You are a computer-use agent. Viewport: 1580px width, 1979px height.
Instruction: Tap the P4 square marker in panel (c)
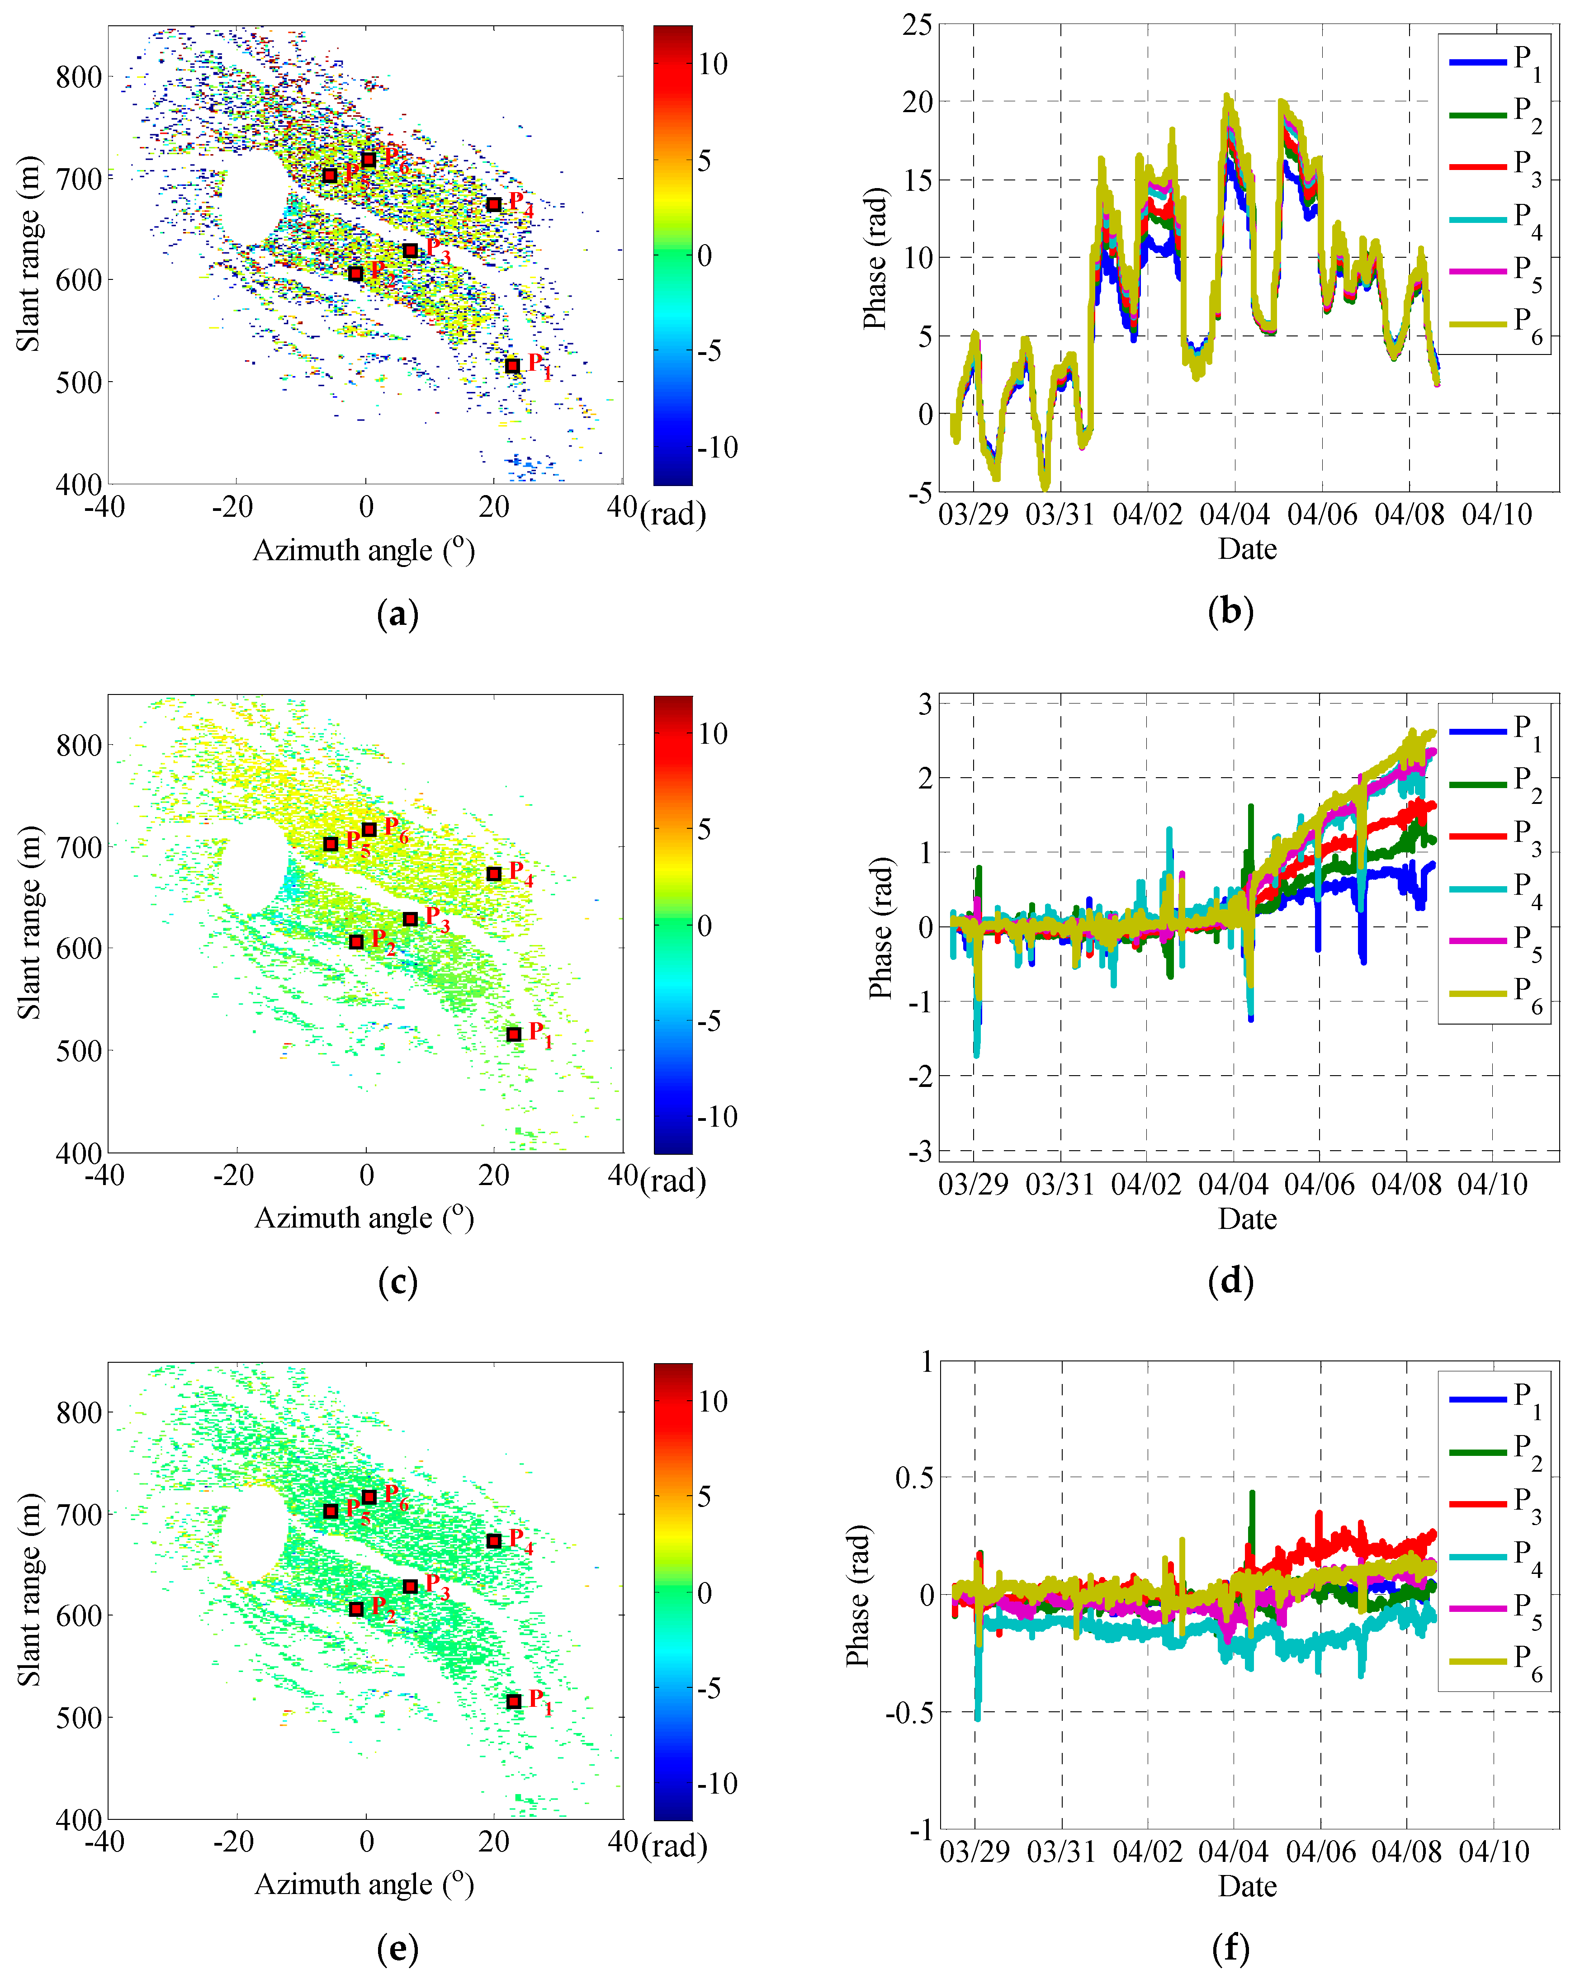point(494,874)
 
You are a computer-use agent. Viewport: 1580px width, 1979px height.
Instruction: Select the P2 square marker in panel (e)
point(356,1608)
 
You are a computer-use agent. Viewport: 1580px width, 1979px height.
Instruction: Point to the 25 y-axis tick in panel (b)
point(916,25)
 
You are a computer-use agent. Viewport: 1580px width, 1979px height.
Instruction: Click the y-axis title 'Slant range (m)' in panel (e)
point(29,1589)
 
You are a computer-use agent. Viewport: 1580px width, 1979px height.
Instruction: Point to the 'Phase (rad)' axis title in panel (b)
point(875,259)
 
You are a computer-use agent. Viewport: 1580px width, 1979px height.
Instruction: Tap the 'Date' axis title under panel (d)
point(1247,1219)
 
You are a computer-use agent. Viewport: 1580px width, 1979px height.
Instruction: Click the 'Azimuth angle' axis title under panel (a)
point(364,551)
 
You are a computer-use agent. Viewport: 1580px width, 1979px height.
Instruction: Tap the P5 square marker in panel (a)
point(330,175)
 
